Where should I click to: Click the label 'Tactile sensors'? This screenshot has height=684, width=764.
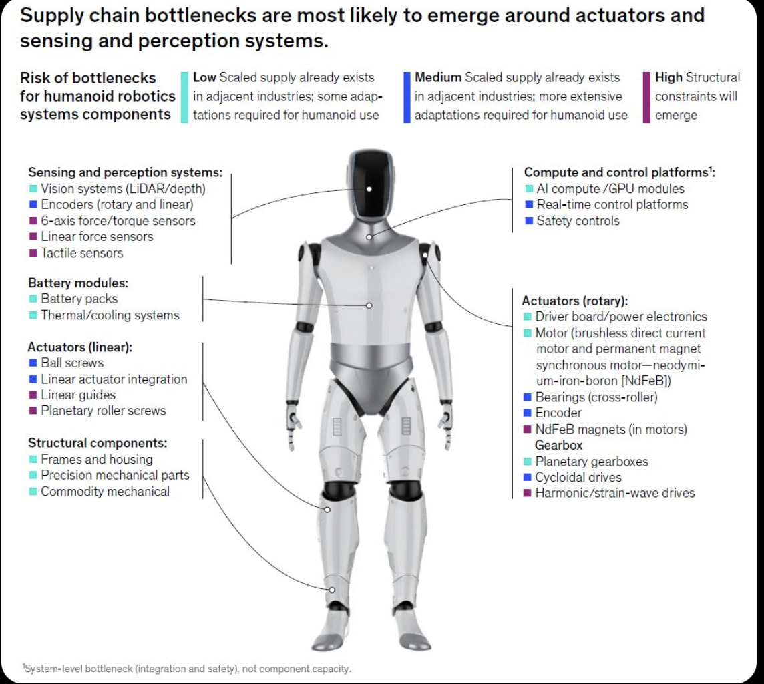click(82, 253)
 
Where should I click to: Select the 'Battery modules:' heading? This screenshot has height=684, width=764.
click(78, 283)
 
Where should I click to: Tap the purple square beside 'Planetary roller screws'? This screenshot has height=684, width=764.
click(33, 411)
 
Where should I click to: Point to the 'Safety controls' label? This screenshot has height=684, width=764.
click(578, 220)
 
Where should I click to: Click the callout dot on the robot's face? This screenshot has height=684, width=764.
click(369, 189)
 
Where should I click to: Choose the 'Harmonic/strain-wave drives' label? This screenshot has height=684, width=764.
click(615, 493)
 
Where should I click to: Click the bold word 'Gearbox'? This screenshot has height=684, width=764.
click(558, 445)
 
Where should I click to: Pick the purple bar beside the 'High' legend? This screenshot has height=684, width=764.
click(646, 98)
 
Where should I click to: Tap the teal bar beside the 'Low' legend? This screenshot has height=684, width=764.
click(184, 98)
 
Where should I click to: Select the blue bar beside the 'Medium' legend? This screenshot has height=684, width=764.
click(407, 98)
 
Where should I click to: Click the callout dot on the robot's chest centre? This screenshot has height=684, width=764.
click(369, 305)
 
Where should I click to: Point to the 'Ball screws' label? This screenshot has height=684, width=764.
click(72, 363)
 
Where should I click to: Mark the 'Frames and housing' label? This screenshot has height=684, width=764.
click(96, 459)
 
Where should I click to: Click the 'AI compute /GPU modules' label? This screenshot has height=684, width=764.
click(610, 188)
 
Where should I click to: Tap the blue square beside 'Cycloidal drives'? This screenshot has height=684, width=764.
click(527, 477)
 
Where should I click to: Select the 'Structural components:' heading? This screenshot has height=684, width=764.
click(98, 442)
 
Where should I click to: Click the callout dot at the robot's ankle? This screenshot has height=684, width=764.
click(332, 590)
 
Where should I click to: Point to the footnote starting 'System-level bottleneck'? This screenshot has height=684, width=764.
click(186, 669)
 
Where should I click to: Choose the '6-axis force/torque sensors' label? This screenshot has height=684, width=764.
click(118, 220)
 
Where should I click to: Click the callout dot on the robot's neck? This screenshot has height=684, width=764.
click(369, 237)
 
